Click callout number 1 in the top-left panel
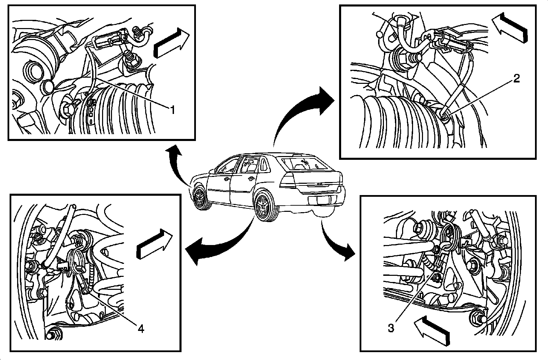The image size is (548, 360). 173,110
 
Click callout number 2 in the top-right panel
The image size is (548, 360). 516,79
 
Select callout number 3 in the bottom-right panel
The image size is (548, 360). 391,328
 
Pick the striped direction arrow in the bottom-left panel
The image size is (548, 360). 154,243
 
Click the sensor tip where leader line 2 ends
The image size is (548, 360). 444,117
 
